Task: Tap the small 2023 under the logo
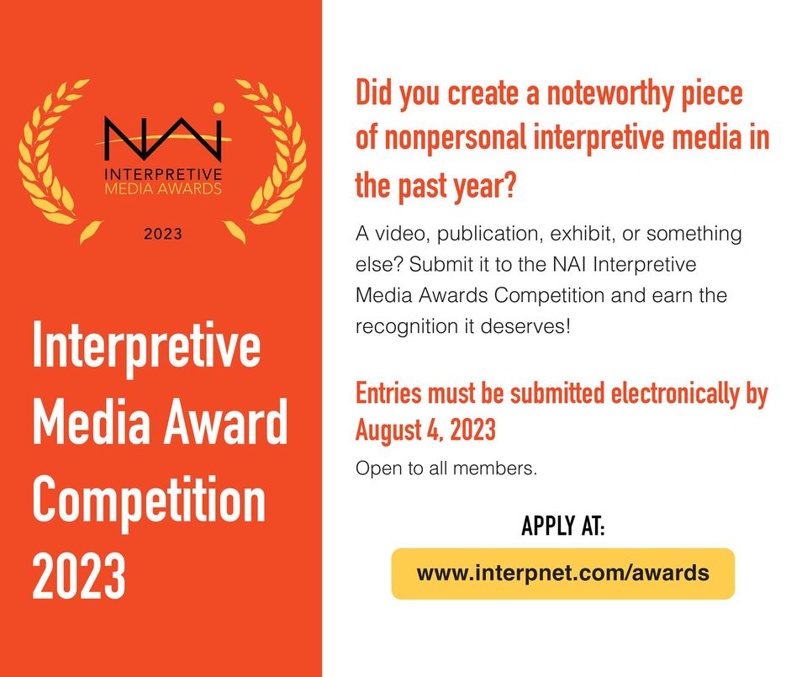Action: (x=163, y=235)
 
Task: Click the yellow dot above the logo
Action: (x=219, y=107)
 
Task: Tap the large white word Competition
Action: (x=149, y=500)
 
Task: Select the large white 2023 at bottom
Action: (x=79, y=575)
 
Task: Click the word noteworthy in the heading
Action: (x=616, y=93)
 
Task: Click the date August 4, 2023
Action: (x=425, y=431)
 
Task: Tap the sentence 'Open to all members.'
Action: (x=446, y=468)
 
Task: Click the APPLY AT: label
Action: (x=562, y=527)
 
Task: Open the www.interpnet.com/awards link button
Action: (x=562, y=574)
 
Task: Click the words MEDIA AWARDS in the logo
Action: (x=163, y=188)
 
